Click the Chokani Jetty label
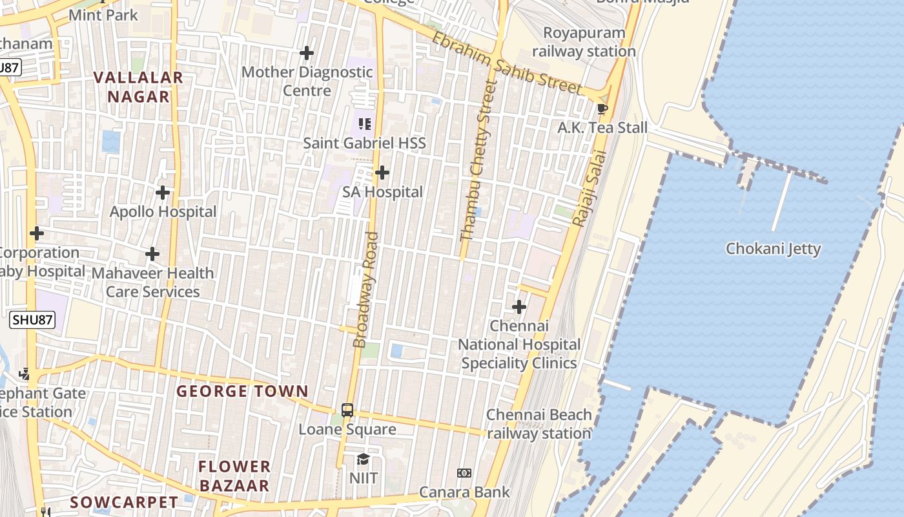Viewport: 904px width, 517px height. (773, 249)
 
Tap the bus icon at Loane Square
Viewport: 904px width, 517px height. (347, 410)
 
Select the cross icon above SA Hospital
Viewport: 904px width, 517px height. (382, 173)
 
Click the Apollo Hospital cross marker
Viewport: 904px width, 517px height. (163, 192)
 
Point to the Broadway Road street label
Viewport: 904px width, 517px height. (366, 290)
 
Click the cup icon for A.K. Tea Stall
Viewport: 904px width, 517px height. (602, 109)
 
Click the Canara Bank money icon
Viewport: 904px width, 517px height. (464, 473)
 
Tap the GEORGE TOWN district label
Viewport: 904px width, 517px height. (242, 391)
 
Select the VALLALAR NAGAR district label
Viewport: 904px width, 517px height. (138, 87)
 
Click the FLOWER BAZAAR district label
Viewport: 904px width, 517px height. (234, 476)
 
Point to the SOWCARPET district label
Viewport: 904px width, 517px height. (124, 502)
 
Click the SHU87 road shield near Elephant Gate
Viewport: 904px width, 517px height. (32, 319)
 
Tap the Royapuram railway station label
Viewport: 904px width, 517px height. (584, 42)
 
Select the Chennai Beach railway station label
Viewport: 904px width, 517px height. (539, 424)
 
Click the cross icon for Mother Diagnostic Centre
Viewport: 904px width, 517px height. (307, 52)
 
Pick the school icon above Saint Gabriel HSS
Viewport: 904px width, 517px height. (365, 123)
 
